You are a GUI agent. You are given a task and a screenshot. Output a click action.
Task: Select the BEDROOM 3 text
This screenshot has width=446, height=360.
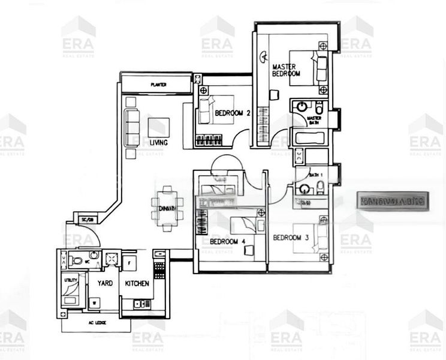point(290,238)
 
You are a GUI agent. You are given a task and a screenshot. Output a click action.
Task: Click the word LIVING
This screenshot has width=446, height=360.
point(159,143)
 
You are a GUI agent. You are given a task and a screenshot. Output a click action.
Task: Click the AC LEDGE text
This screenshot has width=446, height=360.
point(96,324)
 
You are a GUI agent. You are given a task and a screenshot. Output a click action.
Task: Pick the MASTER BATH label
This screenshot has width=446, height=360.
point(314,121)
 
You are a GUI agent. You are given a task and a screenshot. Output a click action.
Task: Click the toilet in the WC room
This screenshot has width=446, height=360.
point(76,260)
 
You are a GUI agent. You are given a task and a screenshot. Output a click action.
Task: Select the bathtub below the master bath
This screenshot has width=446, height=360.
point(309,139)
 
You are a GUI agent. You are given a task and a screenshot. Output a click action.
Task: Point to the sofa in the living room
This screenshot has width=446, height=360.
point(131,124)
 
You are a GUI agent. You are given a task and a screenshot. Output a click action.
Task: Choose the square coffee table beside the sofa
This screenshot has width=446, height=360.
point(158,127)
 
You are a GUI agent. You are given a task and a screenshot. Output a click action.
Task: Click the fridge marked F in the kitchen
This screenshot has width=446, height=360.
point(130,262)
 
